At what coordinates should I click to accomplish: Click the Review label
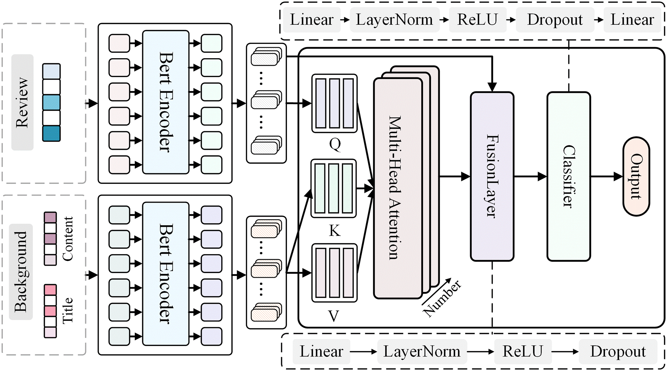[22, 102]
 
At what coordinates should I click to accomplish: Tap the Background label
[21, 272]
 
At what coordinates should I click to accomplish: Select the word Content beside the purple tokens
[68, 239]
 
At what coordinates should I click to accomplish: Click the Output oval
[636, 176]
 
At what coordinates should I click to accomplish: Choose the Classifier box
[569, 176]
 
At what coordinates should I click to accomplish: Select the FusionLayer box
[492, 176]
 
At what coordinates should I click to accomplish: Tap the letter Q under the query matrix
[335, 144]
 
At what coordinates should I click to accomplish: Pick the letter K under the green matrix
[334, 231]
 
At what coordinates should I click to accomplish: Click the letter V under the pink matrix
[334, 316]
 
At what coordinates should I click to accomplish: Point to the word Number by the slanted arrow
[442, 299]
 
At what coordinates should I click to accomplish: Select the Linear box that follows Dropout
[632, 20]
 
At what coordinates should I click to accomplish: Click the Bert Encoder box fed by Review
[166, 102]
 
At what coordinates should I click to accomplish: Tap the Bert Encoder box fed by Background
[166, 274]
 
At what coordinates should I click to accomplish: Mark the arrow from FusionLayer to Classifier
[530, 176]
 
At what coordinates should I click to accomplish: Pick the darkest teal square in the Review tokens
[51, 133]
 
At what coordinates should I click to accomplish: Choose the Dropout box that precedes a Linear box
[555, 20]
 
